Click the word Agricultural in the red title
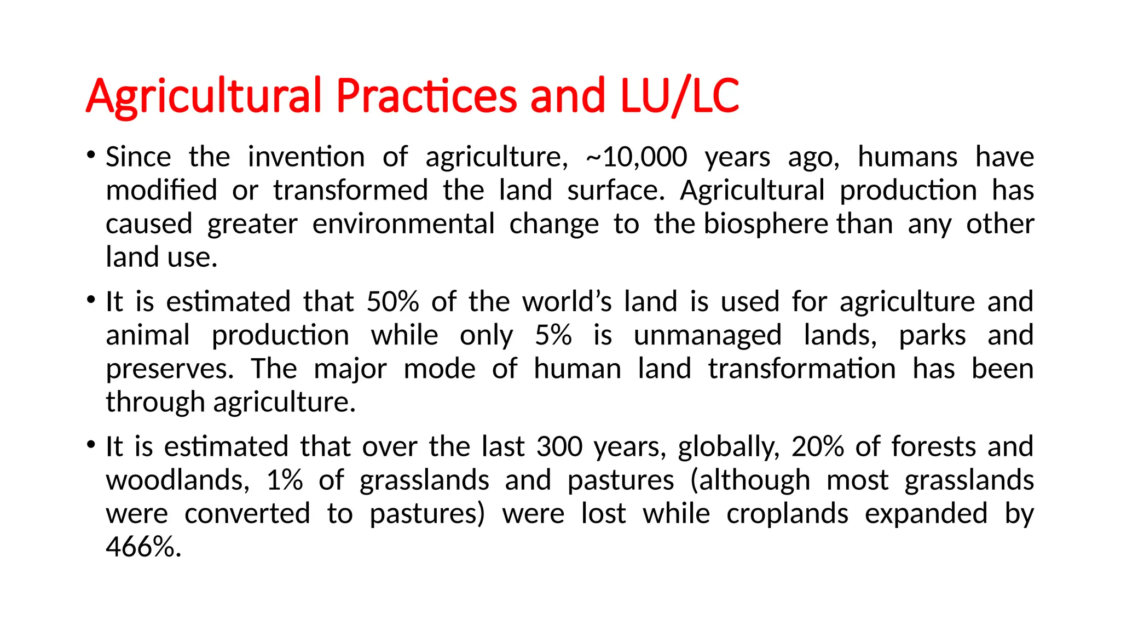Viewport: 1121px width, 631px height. click(203, 96)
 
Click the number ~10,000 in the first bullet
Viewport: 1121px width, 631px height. click(636, 157)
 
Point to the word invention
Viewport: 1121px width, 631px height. click(306, 157)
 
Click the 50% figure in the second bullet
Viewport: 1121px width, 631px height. click(392, 302)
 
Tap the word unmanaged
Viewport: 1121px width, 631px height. click(707, 335)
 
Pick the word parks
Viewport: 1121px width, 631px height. click(932, 335)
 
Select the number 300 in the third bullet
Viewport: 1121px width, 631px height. click(559, 446)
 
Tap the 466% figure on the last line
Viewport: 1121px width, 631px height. click(143, 547)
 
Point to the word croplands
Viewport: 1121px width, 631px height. click(787, 514)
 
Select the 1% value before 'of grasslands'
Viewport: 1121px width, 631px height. click(285, 480)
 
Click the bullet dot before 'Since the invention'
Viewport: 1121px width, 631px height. click(91, 154)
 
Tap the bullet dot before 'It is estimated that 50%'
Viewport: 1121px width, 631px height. click(91, 299)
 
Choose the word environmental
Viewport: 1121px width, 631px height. click(403, 224)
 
